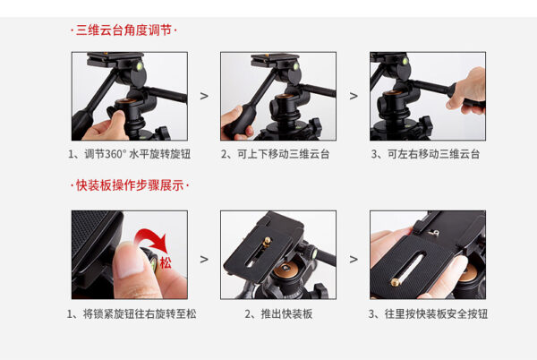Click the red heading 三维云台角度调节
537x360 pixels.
coord(124,30)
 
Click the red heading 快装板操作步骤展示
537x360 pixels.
coord(130,185)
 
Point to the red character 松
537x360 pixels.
coord(166,263)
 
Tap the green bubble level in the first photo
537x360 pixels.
coord(140,65)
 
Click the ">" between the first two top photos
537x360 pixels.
coord(204,96)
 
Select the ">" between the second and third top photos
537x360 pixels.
coord(354,96)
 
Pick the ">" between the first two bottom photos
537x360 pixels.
coord(204,260)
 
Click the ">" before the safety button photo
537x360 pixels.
coord(354,260)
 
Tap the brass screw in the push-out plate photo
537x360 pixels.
coord(267,242)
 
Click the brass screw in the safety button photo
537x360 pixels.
coord(396,282)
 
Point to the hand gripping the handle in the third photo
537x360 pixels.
coord(467,90)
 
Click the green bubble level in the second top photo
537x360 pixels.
coord(296,66)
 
